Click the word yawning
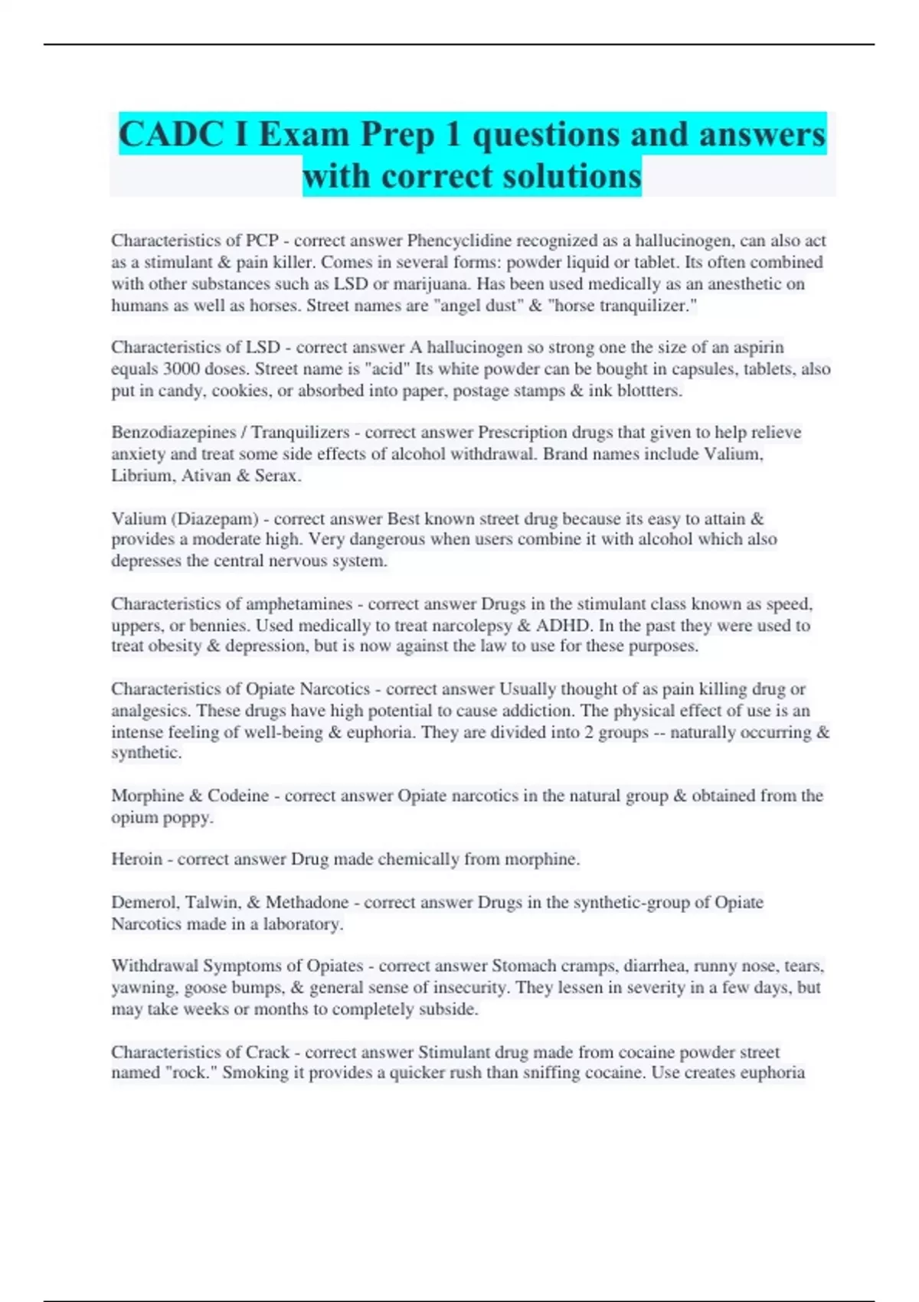click(143, 987)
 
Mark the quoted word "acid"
click(387, 368)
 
